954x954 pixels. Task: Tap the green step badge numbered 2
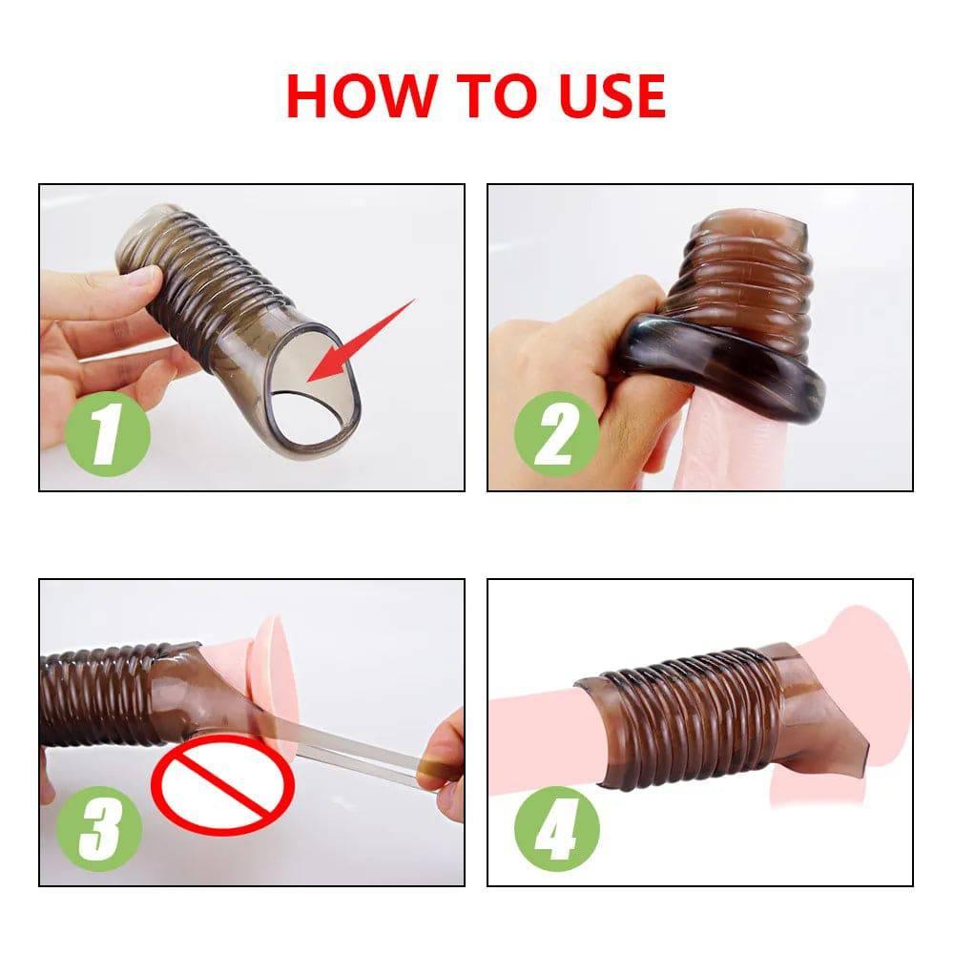point(556,435)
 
